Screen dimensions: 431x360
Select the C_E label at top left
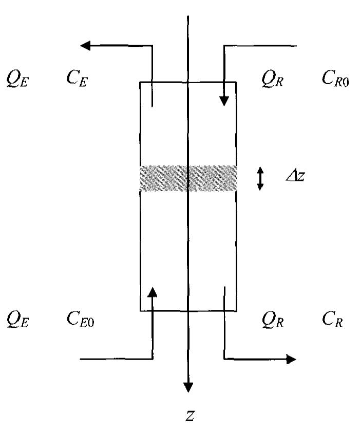(x=77, y=80)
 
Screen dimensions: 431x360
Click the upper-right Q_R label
(x=272, y=81)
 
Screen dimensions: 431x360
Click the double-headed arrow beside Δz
(x=260, y=178)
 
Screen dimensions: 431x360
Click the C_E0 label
(x=80, y=321)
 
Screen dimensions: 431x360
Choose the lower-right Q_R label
(x=272, y=321)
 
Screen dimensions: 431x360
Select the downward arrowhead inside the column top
(x=224, y=101)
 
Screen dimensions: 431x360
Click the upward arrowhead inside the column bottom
(x=153, y=292)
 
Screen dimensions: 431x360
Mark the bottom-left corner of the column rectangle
(x=140, y=311)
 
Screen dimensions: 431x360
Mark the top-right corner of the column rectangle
(x=236, y=82)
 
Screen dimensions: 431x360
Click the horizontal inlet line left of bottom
(x=116, y=359)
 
